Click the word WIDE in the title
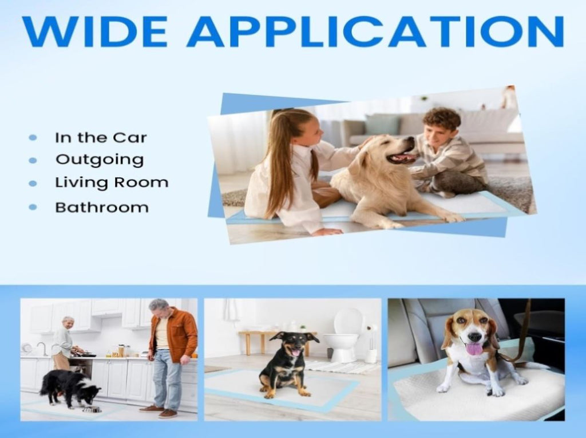(95, 32)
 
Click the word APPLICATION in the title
(375, 32)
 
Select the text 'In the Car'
(101, 138)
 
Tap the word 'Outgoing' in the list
(100, 160)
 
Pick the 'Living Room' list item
(112, 183)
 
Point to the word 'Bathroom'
(102, 207)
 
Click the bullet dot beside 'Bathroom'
(33, 207)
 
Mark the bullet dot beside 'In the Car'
(33, 138)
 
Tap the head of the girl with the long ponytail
(299, 129)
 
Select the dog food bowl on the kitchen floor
(92, 409)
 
